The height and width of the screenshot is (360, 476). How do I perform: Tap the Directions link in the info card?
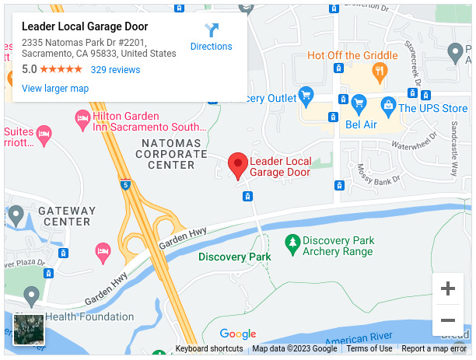(x=211, y=46)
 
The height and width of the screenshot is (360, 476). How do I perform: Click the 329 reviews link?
(x=115, y=70)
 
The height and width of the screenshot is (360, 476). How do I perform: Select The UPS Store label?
(x=432, y=108)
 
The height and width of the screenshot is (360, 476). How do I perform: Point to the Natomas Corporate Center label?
(x=172, y=154)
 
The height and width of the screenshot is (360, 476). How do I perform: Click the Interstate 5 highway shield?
(x=126, y=185)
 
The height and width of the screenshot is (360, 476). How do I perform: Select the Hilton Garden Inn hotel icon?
(x=82, y=119)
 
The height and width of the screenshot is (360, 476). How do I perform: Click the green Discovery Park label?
(x=234, y=257)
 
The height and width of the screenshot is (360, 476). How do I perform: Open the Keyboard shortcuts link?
(x=209, y=349)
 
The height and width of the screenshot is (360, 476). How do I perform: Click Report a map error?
(x=434, y=349)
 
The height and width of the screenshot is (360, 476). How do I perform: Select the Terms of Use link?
(x=369, y=349)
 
